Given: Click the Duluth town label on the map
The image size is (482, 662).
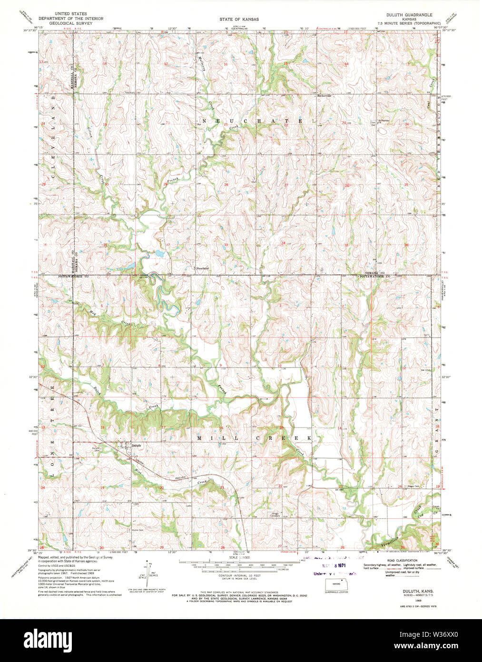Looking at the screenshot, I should click(137, 445).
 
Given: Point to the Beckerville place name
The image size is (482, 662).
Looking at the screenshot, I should click(324, 95).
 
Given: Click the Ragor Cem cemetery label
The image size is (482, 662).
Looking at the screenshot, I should click(413, 486).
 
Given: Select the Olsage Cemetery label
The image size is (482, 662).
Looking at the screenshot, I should click(272, 515).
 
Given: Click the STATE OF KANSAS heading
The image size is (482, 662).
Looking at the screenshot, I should click(239, 20).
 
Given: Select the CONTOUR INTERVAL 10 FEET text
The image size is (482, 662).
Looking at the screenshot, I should click(240, 575).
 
